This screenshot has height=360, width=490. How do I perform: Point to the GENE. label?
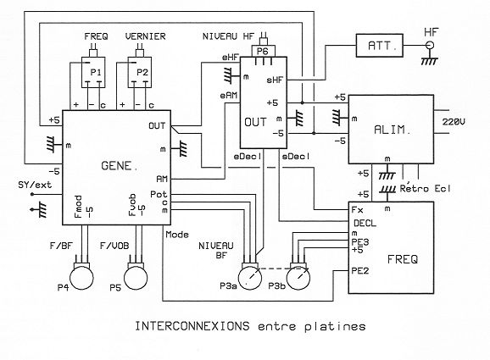click(120, 166)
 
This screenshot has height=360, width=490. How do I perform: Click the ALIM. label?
click(393, 130)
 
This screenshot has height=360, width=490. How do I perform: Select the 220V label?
click(454, 122)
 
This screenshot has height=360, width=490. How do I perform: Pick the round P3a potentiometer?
click(250, 278)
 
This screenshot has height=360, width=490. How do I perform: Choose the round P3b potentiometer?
click(298, 278)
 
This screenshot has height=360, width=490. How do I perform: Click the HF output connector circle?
click(430, 46)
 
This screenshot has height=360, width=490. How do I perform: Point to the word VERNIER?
click(145, 36)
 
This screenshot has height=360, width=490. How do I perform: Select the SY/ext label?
click(35, 185)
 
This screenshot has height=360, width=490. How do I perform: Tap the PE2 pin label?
click(360, 271)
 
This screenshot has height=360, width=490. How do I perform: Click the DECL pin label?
click(365, 224)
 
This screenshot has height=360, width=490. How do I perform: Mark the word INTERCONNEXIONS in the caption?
click(192, 326)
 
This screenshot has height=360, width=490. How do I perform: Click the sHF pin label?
click(275, 80)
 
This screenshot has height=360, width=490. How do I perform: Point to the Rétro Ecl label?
click(426, 188)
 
